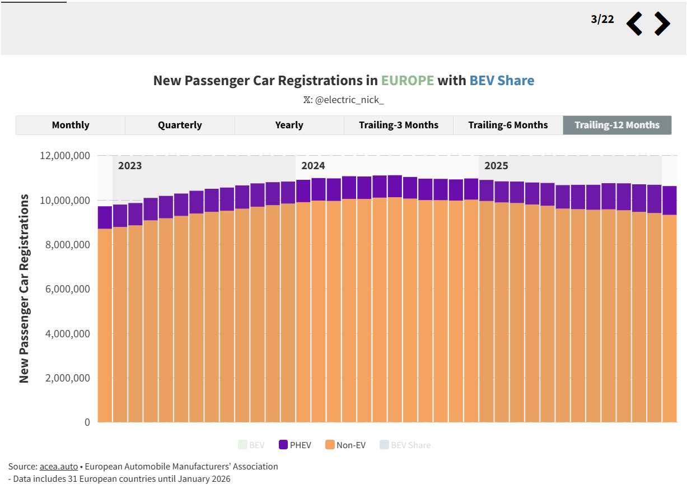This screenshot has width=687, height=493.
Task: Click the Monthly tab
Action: [x=71, y=125]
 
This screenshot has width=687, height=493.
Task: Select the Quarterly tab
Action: [x=180, y=125]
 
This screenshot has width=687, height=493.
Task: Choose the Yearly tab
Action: [x=289, y=125]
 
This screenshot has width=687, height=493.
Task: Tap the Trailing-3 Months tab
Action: [x=399, y=125]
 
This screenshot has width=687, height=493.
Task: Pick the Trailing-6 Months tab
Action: [x=508, y=125]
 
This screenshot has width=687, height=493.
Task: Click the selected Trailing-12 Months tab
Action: [x=617, y=125]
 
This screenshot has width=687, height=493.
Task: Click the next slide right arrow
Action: [x=662, y=24]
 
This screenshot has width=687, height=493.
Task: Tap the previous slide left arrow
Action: [x=634, y=24]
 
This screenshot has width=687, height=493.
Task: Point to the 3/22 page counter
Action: [x=602, y=20]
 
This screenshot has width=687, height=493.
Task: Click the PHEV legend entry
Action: [x=295, y=445]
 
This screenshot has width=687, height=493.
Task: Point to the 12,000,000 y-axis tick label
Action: [x=65, y=156]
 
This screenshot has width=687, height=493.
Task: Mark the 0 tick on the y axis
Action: [x=87, y=422]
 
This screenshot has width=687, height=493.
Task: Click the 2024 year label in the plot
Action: [x=313, y=166]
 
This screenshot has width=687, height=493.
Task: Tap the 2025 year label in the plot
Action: [x=496, y=166]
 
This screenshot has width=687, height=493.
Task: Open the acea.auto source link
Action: [x=59, y=467]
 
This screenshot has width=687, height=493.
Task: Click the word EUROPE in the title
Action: [x=408, y=81]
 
